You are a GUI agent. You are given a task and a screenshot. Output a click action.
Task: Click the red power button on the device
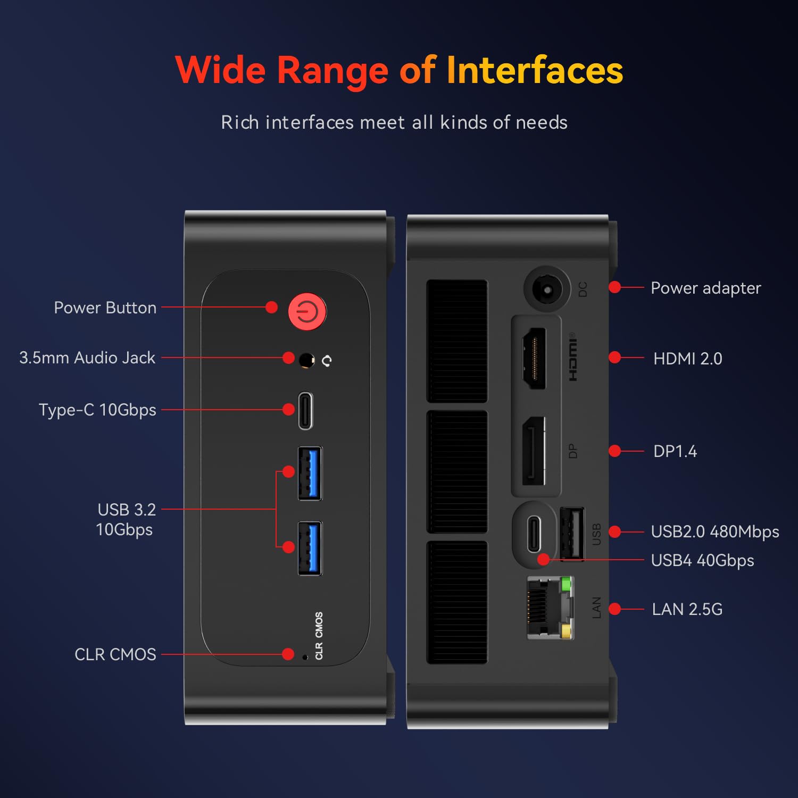coord(307,311)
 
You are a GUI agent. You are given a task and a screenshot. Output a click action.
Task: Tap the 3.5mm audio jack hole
coord(306,360)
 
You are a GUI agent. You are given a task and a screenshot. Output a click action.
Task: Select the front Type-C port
coord(305,410)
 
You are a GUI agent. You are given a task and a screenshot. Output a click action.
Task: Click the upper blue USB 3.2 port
coord(310,473)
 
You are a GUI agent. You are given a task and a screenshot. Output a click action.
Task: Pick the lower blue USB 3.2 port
coord(310,548)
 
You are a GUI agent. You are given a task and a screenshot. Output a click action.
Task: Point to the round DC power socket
coord(546,289)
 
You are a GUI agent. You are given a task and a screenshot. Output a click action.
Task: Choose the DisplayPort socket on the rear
coord(534,451)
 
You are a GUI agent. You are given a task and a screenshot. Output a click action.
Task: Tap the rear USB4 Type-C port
coord(534,534)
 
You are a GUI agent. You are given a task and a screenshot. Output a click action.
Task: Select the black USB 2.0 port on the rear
coord(572,534)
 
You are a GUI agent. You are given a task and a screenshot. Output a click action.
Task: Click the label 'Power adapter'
coord(705,288)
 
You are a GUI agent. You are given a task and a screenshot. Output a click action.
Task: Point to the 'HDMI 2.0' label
coord(687,359)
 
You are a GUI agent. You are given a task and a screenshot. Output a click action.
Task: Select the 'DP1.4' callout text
coord(675,451)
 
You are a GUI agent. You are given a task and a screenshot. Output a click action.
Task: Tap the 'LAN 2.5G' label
coord(687,609)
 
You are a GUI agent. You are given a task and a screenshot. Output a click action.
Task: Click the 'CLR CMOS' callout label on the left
coord(115,654)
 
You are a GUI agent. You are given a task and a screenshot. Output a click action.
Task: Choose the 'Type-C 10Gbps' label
coord(97,410)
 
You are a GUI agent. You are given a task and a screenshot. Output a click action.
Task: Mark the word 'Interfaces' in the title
coord(534,71)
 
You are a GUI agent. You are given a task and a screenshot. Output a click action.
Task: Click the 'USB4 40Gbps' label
coord(702,561)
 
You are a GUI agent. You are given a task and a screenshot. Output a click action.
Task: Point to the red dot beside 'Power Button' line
coord(271,307)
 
